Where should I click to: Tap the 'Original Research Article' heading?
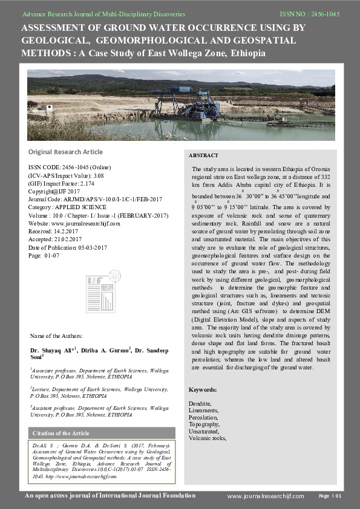click(65, 152)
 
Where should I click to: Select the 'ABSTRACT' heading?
click(203, 155)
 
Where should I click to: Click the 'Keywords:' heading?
click(203, 389)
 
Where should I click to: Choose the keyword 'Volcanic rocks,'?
click(208, 438)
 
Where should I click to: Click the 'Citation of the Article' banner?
click(61, 433)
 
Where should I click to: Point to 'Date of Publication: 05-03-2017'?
click(68, 247)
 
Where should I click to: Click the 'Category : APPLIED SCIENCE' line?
click(67, 206)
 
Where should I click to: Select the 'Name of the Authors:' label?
click(56, 336)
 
